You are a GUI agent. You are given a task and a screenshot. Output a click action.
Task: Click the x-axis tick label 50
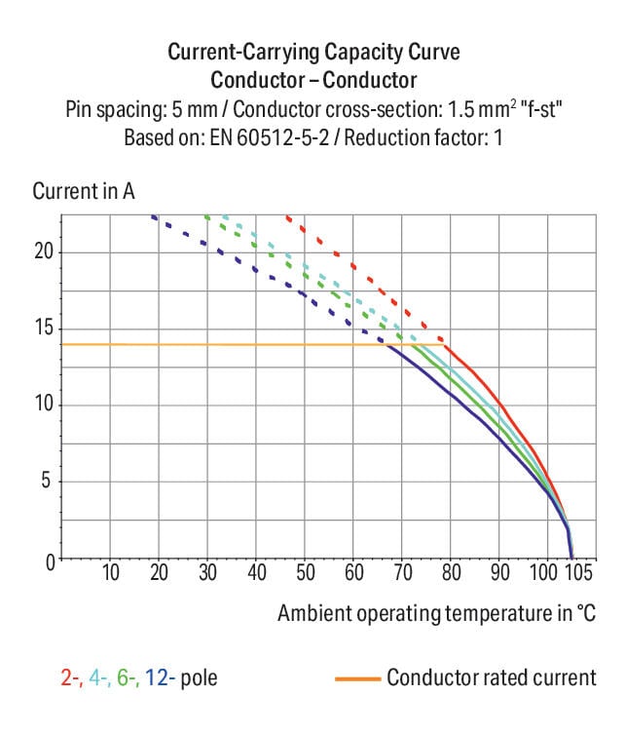tap(305, 572)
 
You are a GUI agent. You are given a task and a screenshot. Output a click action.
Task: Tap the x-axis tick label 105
tap(577, 572)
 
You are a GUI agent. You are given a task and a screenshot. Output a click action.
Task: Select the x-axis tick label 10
tap(110, 572)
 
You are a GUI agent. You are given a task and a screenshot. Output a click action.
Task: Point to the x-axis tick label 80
tap(451, 572)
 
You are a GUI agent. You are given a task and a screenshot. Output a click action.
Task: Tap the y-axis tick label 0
tap(48, 560)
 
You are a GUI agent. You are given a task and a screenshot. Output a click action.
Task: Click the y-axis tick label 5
tap(47, 482)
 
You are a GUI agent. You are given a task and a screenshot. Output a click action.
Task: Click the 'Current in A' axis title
tap(83, 191)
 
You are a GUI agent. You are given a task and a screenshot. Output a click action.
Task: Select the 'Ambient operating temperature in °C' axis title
tap(436, 614)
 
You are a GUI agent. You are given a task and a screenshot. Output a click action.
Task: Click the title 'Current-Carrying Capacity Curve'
tap(313, 52)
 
